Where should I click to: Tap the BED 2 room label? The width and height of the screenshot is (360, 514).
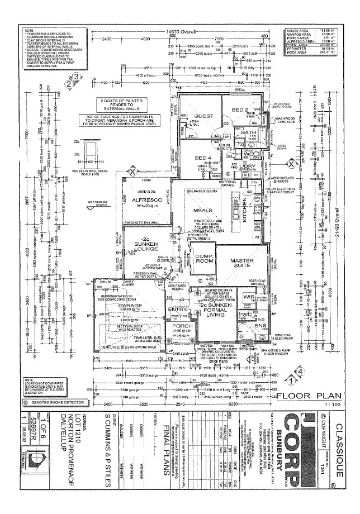240,110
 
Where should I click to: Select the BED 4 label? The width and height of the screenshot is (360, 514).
202,158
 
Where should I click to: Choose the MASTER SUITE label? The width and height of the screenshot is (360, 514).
243,263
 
